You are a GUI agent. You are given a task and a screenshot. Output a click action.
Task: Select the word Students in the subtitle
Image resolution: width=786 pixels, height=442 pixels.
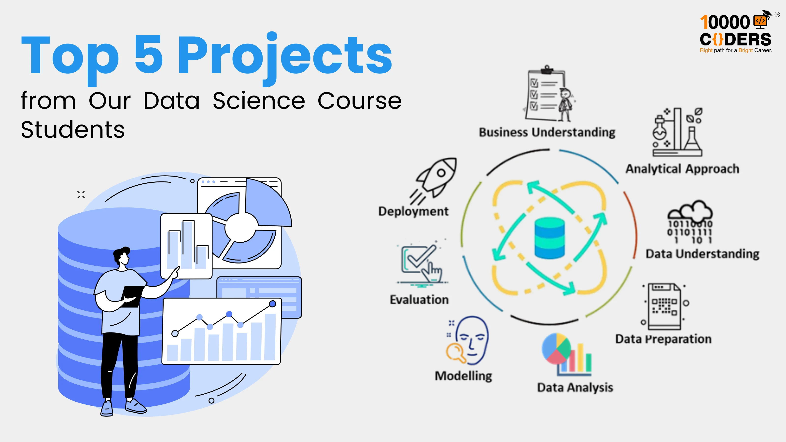(73, 130)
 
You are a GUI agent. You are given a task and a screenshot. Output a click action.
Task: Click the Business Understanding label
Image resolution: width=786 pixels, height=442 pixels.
(547, 132)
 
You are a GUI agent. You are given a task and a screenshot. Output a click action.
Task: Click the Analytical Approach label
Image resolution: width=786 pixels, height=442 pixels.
(682, 169)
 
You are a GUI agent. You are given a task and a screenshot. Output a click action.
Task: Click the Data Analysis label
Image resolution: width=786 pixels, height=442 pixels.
(575, 387)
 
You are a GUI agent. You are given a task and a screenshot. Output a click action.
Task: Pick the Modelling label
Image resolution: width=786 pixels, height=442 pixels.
(463, 376)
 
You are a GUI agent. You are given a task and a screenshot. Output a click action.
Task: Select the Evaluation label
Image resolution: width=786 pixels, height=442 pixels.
(419, 300)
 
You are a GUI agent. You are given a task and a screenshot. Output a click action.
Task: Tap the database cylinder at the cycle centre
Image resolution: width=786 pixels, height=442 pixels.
(549, 238)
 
